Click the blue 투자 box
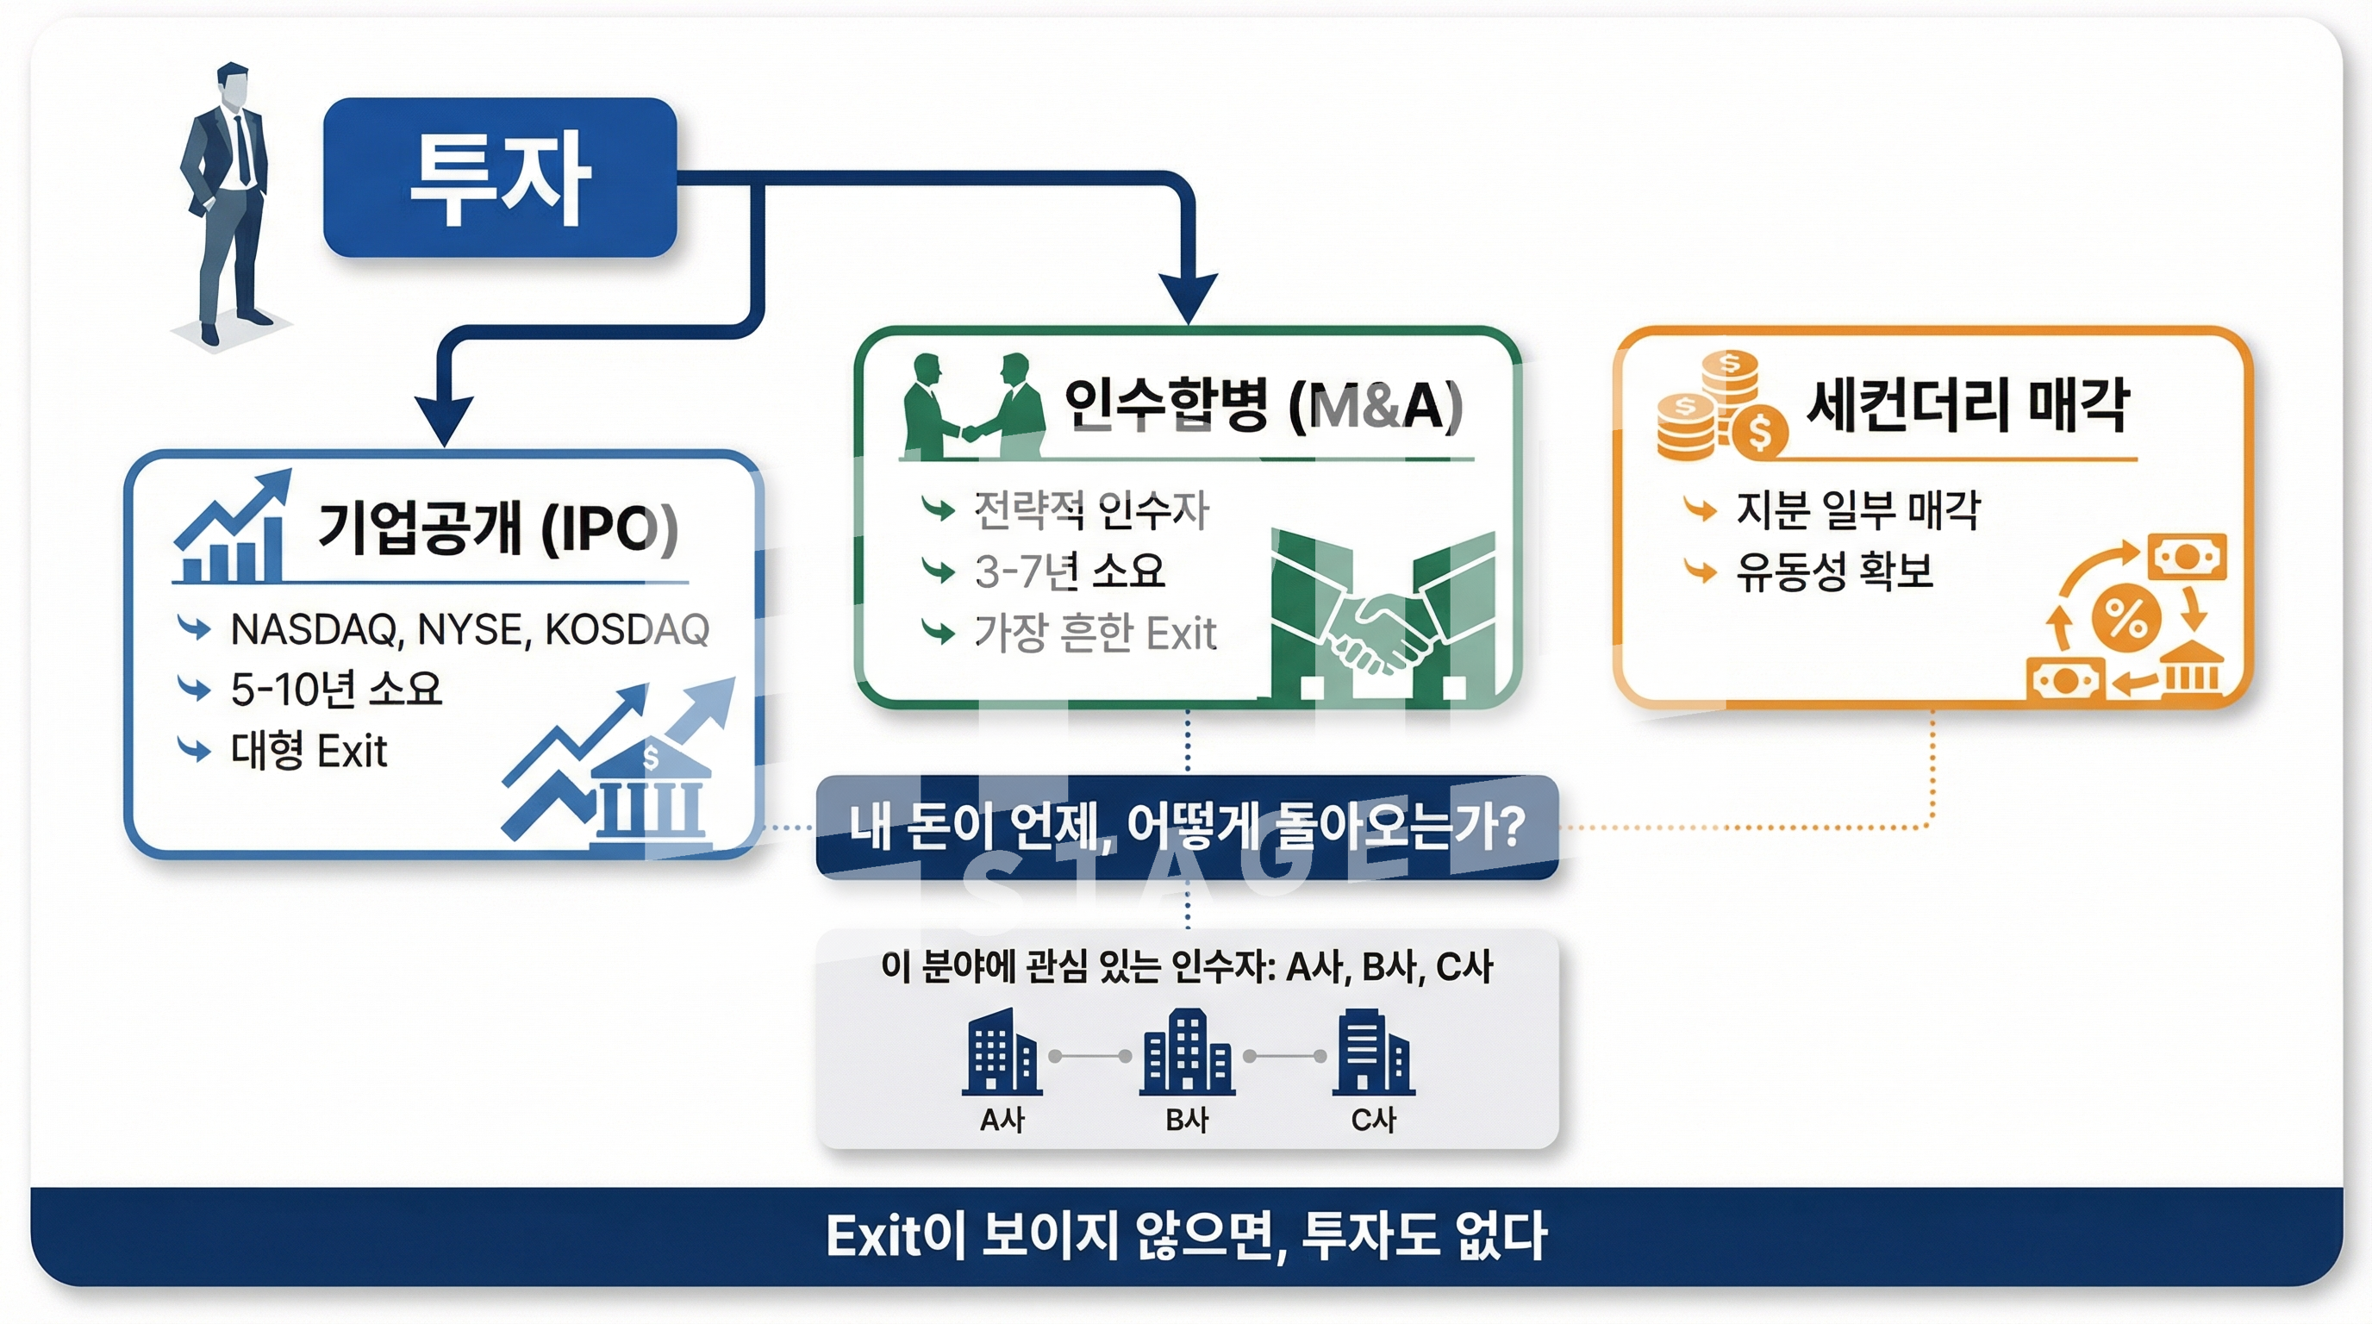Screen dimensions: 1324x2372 [x=500, y=178]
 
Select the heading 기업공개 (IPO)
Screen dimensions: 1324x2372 [x=497, y=528]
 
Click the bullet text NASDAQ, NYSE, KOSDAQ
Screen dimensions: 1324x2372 [x=470, y=630]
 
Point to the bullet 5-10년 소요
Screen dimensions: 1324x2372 [x=336, y=690]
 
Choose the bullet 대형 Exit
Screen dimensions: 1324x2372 [x=309, y=751]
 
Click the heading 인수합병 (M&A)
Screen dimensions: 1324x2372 [x=1263, y=405]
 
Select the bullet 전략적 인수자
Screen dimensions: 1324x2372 [x=1091, y=510]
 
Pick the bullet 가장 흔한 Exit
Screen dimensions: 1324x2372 [x=1095, y=634]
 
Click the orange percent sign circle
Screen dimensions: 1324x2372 [x=2125, y=617]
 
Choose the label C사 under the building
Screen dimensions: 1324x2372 [x=1373, y=1120]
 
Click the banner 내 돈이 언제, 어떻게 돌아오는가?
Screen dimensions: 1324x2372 [x=1187, y=827]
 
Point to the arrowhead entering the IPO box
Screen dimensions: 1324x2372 [x=444, y=420]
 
